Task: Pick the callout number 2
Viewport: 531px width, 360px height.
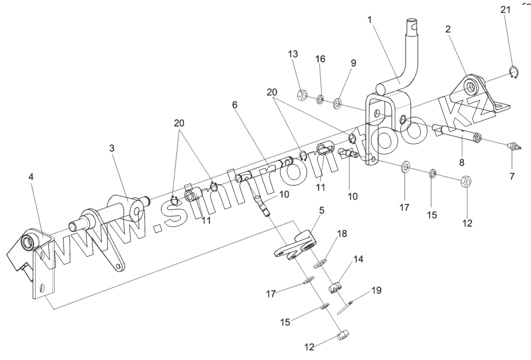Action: point(448,29)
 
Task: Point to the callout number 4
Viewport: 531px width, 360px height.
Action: point(32,178)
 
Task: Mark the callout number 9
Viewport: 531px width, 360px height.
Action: point(353,63)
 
